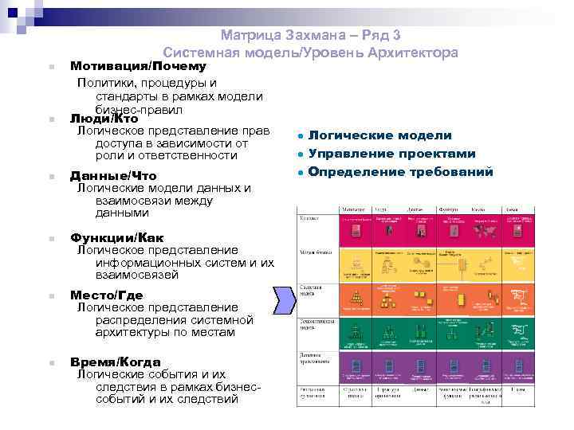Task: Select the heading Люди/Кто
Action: [104, 119]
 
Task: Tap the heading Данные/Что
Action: [113, 176]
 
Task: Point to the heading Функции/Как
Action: [117, 238]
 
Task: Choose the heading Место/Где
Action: [107, 295]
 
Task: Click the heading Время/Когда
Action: [115, 362]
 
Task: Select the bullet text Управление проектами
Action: [391, 154]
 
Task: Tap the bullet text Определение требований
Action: [400, 172]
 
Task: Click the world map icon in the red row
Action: [483, 232]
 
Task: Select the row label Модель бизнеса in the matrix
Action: [313, 252]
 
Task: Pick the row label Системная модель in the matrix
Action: [312, 289]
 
